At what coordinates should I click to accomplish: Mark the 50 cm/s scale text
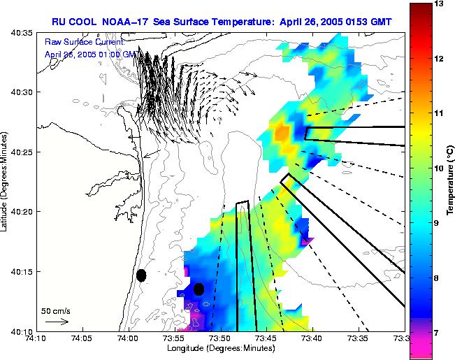tap(55, 310)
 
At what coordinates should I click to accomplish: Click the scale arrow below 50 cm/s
tap(56, 322)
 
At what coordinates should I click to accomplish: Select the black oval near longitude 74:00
tap(141, 275)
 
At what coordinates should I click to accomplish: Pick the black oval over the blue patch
tap(198, 289)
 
